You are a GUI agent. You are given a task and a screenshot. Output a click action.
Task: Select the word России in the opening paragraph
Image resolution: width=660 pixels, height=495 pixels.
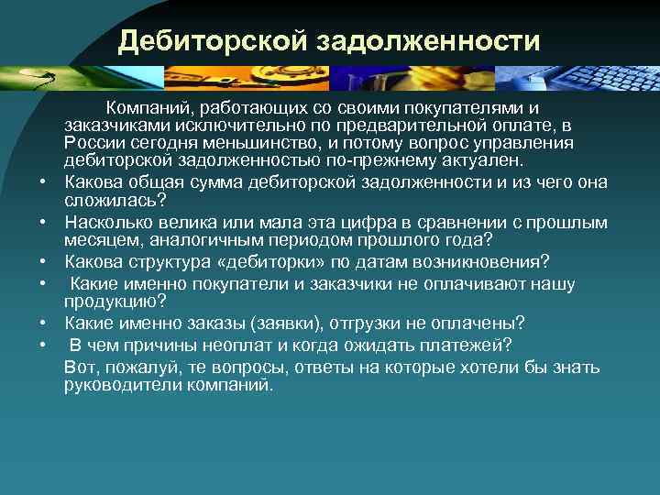click(x=91, y=142)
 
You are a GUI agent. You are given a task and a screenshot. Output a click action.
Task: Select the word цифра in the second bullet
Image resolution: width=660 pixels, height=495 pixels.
click(x=328, y=224)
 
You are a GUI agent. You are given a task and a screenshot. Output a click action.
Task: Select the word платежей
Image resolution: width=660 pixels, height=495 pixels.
click(x=467, y=345)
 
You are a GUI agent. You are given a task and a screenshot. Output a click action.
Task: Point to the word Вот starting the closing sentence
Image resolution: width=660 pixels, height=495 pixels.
click(x=80, y=368)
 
